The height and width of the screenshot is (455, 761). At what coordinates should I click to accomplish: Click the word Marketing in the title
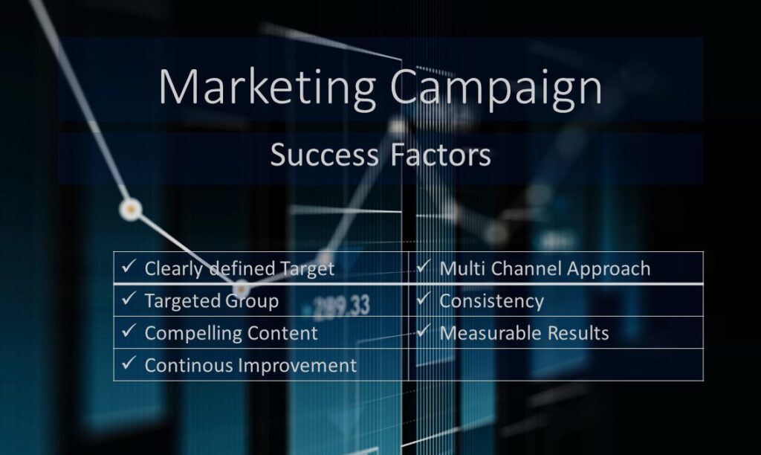268,88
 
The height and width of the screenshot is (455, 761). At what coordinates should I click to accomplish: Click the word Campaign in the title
496,88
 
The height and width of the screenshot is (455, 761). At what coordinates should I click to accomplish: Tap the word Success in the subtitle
324,155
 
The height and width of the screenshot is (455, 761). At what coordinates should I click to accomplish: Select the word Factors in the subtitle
441,155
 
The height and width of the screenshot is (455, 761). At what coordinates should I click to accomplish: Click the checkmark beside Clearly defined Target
129,266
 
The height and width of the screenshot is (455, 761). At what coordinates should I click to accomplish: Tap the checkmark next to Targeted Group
129,298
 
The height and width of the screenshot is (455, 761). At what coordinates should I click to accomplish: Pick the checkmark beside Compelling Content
129,331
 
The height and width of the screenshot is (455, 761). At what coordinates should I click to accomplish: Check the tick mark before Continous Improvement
129,363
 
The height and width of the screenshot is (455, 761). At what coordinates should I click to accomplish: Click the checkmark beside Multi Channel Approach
424,266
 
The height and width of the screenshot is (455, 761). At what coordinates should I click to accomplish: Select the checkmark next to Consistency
424,298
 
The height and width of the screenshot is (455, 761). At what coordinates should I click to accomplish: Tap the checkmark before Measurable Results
424,331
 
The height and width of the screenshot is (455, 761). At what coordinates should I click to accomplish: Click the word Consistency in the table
492,301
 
